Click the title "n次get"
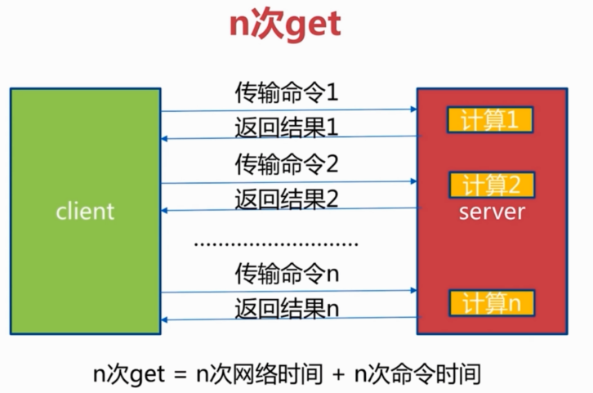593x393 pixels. pos(283,25)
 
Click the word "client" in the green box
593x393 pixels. pos(85,211)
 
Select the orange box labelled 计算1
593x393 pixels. pos(490,120)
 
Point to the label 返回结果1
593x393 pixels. pos(286,127)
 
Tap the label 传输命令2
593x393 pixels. pos(286,163)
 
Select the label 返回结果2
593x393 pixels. pos(286,199)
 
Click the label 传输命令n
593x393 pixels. pos(286,272)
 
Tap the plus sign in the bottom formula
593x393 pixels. pos(338,375)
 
